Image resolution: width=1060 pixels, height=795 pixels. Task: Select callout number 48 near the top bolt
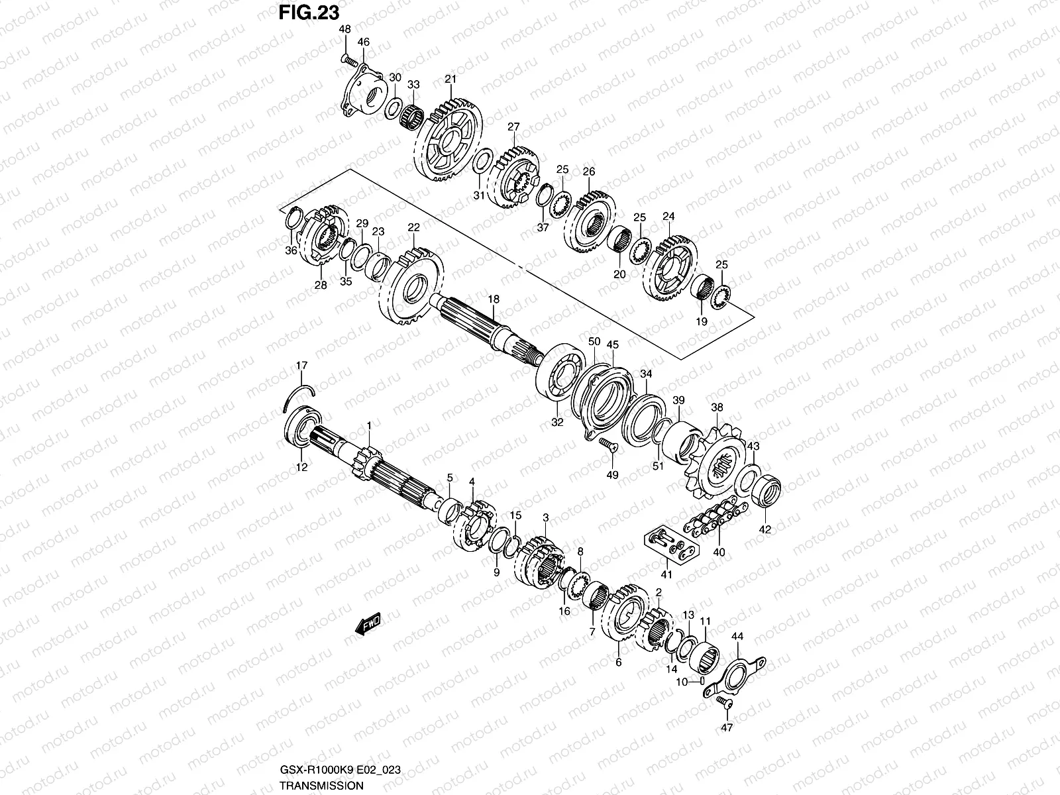(x=344, y=29)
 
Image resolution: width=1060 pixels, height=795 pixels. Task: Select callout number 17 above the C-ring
(x=302, y=365)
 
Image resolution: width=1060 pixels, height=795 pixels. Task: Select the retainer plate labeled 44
(x=736, y=676)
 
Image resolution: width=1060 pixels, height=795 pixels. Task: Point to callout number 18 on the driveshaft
(x=494, y=299)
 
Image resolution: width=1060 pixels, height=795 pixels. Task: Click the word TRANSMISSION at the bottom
(x=321, y=785)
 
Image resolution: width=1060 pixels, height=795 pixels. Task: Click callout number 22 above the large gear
(x=413, y=227)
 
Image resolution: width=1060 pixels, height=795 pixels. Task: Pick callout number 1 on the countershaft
(x=369, y=425)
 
